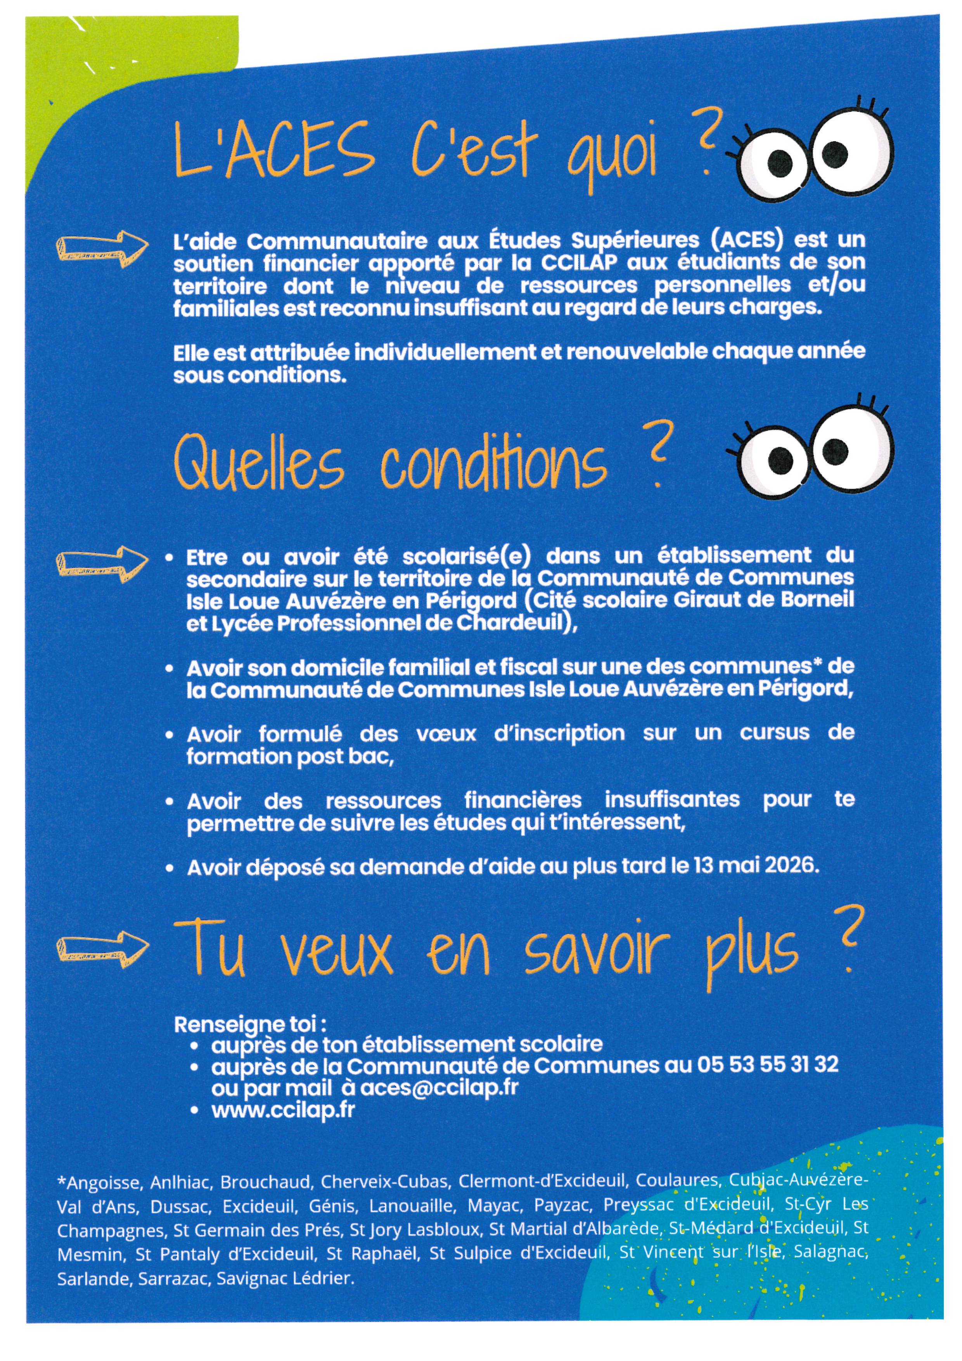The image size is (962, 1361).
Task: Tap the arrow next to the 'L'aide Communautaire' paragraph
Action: coord(102,248)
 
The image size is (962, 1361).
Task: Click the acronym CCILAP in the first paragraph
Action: coord(579,263)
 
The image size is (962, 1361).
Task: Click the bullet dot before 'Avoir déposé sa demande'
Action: coord(170,869)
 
